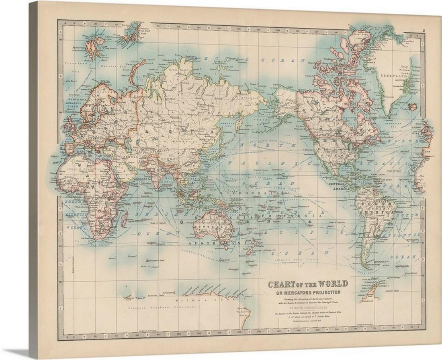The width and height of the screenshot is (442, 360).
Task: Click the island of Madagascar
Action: (125, 219)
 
